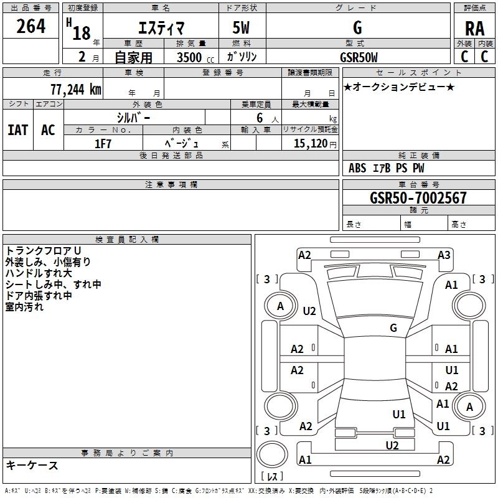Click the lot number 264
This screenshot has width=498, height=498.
pos(31,27)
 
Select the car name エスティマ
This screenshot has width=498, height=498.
pos(161,28)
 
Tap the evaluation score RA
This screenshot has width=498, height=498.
pos(474,29)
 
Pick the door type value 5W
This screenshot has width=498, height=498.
pos(242,28)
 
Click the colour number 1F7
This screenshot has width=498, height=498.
pos(103,144)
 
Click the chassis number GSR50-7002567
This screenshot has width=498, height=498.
pos(418,199)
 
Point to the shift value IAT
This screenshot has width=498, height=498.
pos(17,130)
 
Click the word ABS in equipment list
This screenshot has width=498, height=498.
pos(357,168)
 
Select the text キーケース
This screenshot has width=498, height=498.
pos(32,466)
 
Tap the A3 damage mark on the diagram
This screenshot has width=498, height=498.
pos(444,255)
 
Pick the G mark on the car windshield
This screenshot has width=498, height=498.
pos(393,327)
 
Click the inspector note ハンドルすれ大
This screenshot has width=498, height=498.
pos(39,273)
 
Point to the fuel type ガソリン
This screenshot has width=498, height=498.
pos(242,57)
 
